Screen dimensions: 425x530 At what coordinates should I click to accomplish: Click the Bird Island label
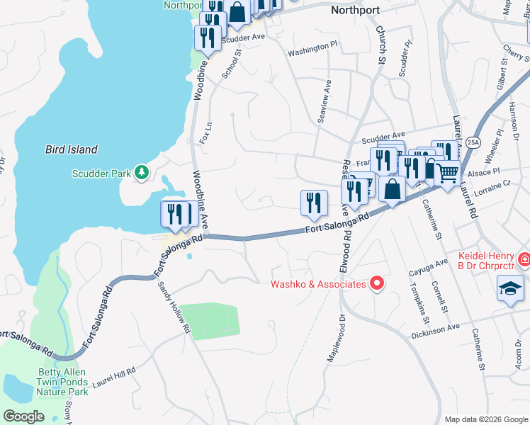pyautogui.click(x=72, y=149)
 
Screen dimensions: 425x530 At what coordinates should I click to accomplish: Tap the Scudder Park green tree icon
pyautogui.click(x=142, y=172)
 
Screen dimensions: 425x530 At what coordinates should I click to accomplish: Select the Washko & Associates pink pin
pyautogui.click(x=377, y=284)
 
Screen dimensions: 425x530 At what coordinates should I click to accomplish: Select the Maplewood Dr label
pyautogui.click(x=334, y=339)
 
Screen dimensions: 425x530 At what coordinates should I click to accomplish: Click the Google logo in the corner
pyautogui.click(x=23, y=416)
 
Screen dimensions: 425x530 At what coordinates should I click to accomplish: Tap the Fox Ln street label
pyautogui.click(x=206, y=132)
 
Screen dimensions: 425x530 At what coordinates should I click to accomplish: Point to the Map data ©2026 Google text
pyautogui.click(x=485, y=419)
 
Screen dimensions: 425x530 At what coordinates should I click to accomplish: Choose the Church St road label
pyautogui.click(x=380, y=43)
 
